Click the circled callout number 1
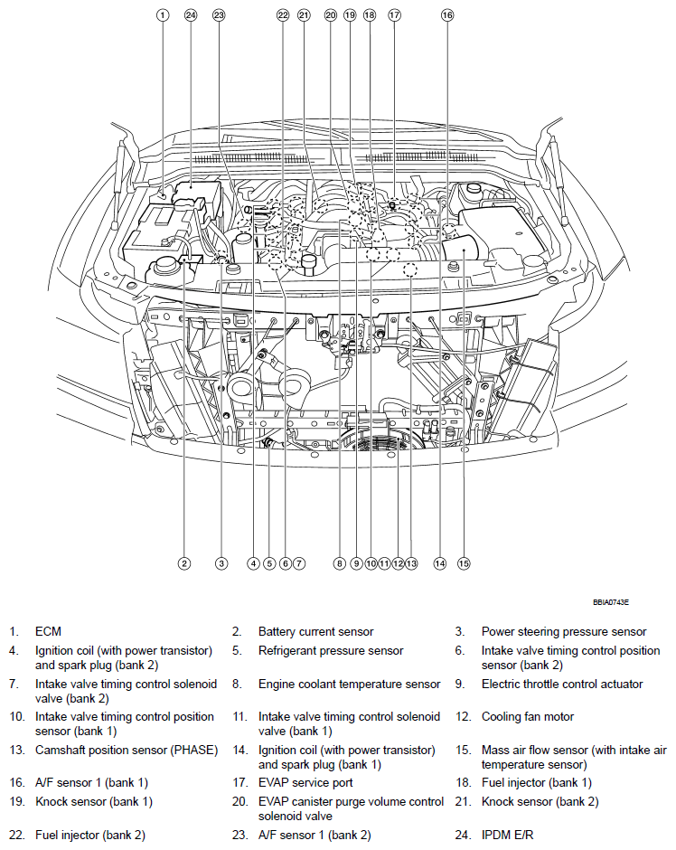[163, 14]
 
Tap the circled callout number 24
[190, 14]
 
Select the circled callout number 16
[446, 14]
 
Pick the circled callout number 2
[184, 563]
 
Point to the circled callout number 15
[464, 563]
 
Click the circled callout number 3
[221, 563]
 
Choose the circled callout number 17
[394, 14]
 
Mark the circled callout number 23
[219, 14]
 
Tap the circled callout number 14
[440, 563]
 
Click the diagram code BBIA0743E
[611, 601]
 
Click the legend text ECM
[48, 632]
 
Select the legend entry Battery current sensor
[315, 632]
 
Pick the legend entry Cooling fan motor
[527, 717]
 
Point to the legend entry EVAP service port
[305, 783]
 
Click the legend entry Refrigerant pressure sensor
[331, 651]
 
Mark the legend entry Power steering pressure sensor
[564, 632]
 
